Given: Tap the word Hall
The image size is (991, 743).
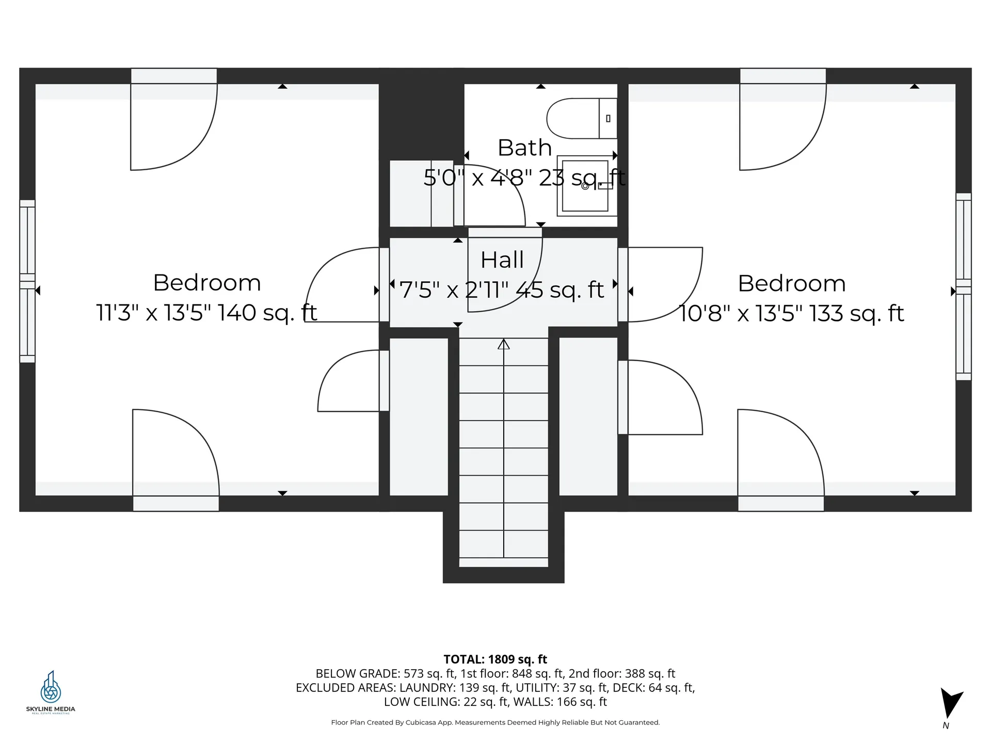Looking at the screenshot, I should point(502,260).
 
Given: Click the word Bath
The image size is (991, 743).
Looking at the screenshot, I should point(524,148).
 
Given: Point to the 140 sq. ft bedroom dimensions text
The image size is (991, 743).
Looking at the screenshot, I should point(206,313).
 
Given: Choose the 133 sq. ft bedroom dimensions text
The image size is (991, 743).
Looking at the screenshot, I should point(791,314).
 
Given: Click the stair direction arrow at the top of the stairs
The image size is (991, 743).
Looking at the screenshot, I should point(504,344).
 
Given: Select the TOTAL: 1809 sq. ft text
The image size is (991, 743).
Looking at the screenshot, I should point(495,659).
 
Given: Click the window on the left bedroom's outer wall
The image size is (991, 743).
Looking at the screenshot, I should point(27,281).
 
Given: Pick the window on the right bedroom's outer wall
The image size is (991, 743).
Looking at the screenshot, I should point(963,286).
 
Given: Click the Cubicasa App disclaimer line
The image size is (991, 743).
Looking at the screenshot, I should point(495,722).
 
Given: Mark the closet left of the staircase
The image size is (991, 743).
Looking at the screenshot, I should point(419,416).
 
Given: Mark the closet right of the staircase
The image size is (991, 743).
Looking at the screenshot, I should point(588,416).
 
